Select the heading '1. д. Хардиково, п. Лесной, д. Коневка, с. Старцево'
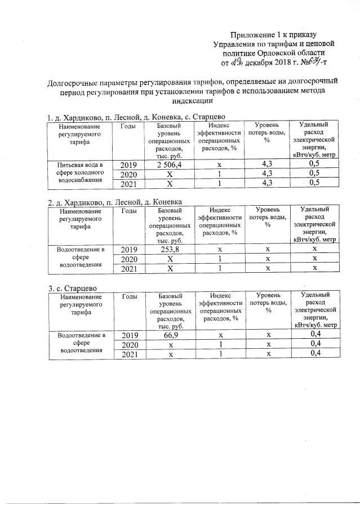tap(137, 117)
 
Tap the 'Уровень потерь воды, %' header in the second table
tap(266, 216)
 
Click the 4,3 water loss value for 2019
tap(266, 164)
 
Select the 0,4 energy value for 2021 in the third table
tap(315, 353)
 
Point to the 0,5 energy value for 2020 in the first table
tap(315, 174)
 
